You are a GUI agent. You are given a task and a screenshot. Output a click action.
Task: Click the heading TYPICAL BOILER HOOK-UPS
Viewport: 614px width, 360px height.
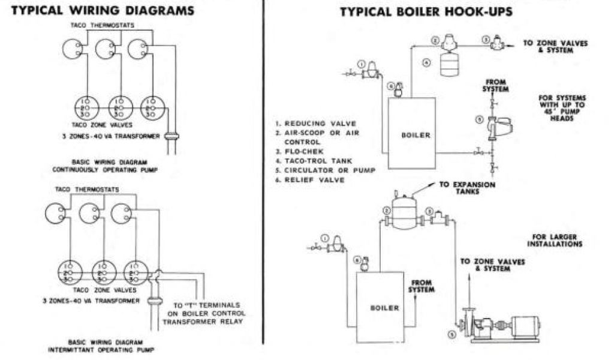[x=426, y=11]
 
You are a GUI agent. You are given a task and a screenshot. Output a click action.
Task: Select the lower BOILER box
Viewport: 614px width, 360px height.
[x=384, y=307]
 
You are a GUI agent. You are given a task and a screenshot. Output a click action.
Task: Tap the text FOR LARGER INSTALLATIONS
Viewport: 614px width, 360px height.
[x=554, y=241]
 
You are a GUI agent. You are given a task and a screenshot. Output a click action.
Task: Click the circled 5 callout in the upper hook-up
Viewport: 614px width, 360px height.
[x=478, y=119]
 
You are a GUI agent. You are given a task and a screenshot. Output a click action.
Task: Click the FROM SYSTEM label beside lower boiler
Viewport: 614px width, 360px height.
[x=422, y=286]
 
